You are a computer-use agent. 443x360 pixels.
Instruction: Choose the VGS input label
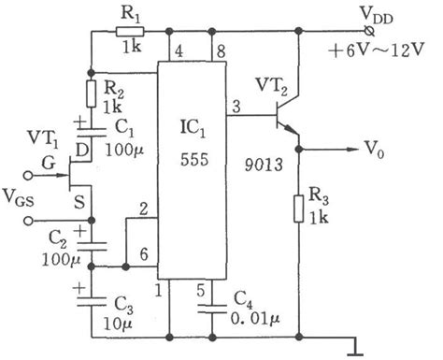coord(21,200)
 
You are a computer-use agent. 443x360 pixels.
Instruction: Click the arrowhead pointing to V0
coord(359,147)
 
